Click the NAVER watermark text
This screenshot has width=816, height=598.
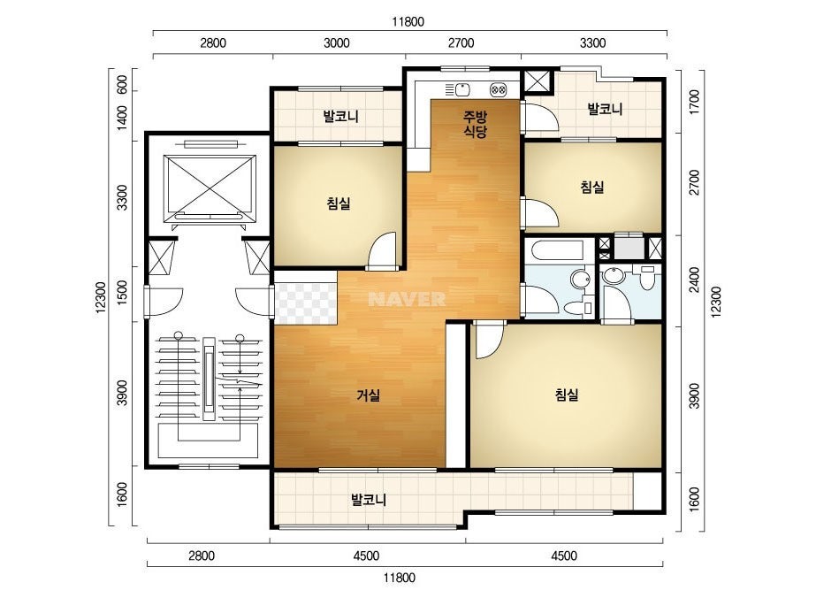tap(407, 299)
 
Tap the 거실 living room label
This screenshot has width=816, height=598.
tap(368, 395)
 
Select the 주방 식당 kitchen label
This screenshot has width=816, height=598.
tap(475, 124)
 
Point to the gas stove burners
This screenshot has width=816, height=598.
tap(498, 90)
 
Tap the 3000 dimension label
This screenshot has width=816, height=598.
tap(336, 43)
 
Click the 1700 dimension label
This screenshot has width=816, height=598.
tap(694, 103)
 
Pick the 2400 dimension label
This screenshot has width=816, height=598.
tap(694, 280)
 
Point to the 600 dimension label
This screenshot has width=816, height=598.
tap(122, 85)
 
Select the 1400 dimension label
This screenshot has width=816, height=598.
tap(122, 118)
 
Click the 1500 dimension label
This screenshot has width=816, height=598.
tap(122, 293)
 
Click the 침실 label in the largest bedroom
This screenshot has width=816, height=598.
tap(567, 395)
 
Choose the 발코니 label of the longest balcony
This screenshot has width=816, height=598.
tap(369, 500)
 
